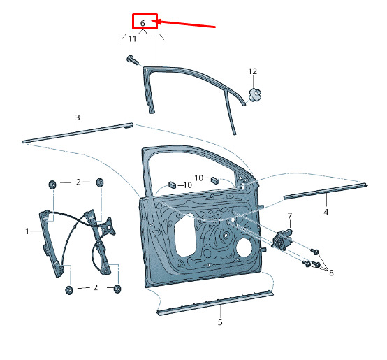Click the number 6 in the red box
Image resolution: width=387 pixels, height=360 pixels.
(x=143, y=23)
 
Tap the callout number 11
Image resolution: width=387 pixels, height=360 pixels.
(x=132, y=38)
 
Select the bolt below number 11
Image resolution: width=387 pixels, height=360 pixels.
(x=132, y=59)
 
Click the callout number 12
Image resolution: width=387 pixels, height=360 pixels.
(x=252, y=71)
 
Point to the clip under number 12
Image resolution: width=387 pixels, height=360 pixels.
(x=254, y=94)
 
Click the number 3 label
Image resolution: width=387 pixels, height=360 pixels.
(x=78, y=117)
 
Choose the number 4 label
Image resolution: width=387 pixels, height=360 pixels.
(x=326, y=212)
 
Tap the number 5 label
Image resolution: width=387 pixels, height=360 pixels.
(x=220, y=322)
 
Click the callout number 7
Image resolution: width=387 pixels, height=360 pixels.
(x=289, y=216)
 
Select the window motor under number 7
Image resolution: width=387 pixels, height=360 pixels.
(x=282, y=239)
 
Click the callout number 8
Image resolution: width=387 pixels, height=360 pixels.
(x=331, y=273)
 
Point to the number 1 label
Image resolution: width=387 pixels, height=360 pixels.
(x=27, y=231)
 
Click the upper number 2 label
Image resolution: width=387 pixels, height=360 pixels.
(x=78, y=182)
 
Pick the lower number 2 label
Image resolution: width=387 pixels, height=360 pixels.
(x=96, y=287)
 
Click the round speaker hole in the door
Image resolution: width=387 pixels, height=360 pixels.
(x=244, y=247)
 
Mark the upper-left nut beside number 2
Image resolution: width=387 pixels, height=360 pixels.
(x=52, y=185)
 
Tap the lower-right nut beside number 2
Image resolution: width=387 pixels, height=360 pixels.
(x=117, y=289)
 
